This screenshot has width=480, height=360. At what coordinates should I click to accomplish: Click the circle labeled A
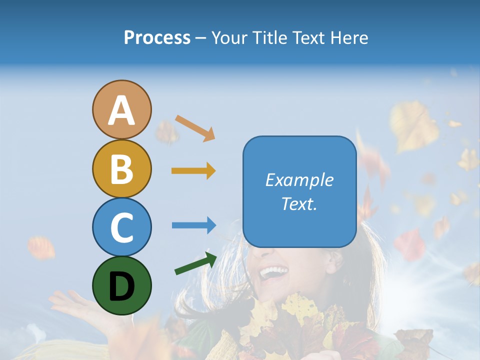click(x=121, y=110)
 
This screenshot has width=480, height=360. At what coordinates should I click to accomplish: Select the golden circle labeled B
click(x=121, y=169)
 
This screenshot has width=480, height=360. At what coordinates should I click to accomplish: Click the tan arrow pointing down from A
click(x=195, y=128)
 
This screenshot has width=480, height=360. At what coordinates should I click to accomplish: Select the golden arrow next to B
click(x=193, y=171)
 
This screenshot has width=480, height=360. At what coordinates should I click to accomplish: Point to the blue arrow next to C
click(x=193, y=225)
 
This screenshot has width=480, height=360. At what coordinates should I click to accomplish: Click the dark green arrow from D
click(x=195, y=263)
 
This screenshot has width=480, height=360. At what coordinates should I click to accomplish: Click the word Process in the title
click(x=157, y=38)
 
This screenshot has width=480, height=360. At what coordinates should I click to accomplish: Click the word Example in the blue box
click(x=299, y=180)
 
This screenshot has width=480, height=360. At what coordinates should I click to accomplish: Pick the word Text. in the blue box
click(x=299, y=203)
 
